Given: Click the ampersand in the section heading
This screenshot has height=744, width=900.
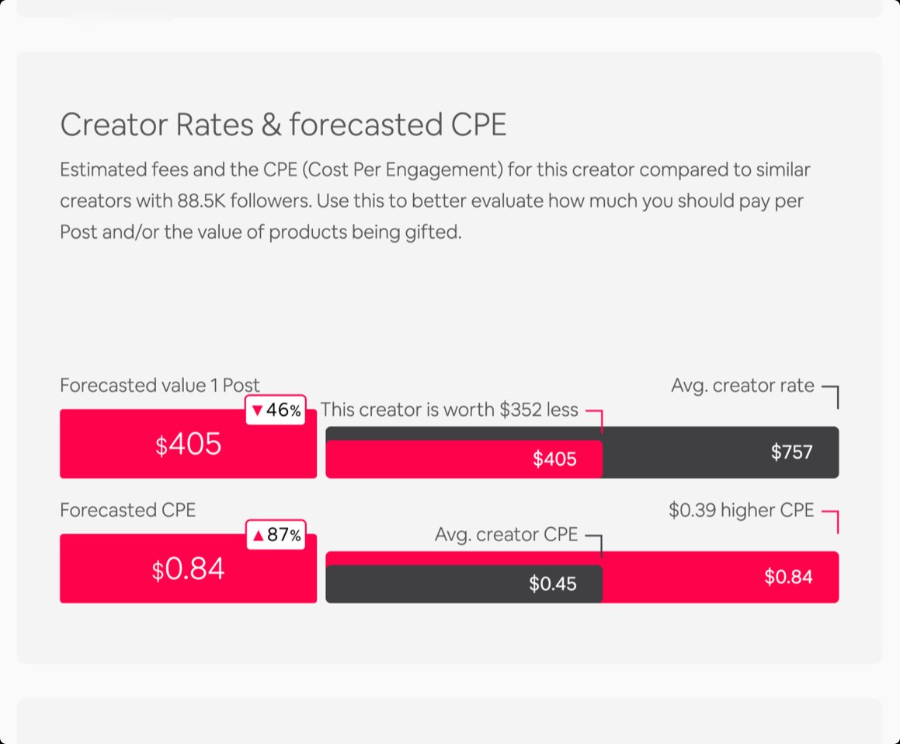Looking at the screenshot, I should pyautogui.click(x=272, y=124).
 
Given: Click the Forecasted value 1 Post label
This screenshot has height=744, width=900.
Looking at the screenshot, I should pyautogui.click(x=160, y=386).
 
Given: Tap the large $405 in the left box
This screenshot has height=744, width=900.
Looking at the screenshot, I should pyautogui.click(x=189, y=445).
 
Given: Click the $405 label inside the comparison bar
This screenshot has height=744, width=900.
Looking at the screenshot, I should pyautogui.click(x=554, y=459).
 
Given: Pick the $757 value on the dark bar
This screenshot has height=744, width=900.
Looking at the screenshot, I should pyautogui.click(x=791, y=452).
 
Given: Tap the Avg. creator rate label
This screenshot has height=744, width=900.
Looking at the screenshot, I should pyautogui.click(x=742, y=386).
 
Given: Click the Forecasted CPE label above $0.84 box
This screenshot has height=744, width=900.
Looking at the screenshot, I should pyautogui.click(x=128, y=510).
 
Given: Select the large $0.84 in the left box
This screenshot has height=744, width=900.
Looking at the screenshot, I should pyautogui.click(x=189, y=569).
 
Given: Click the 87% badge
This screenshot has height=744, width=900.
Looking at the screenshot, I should pyautogui.click(x=276, y=535).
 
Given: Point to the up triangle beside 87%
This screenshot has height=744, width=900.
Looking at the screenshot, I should pyautogui.click(x=259, y=535).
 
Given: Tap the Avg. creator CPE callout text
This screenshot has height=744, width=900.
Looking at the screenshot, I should pyautogui.click(x=506, y=535).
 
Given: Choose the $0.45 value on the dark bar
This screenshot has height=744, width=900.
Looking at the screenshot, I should pyautogui.click(x=552, y=584).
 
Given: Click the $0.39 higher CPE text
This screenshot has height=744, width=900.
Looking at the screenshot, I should pyautogui.click(x=741, y=510).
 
